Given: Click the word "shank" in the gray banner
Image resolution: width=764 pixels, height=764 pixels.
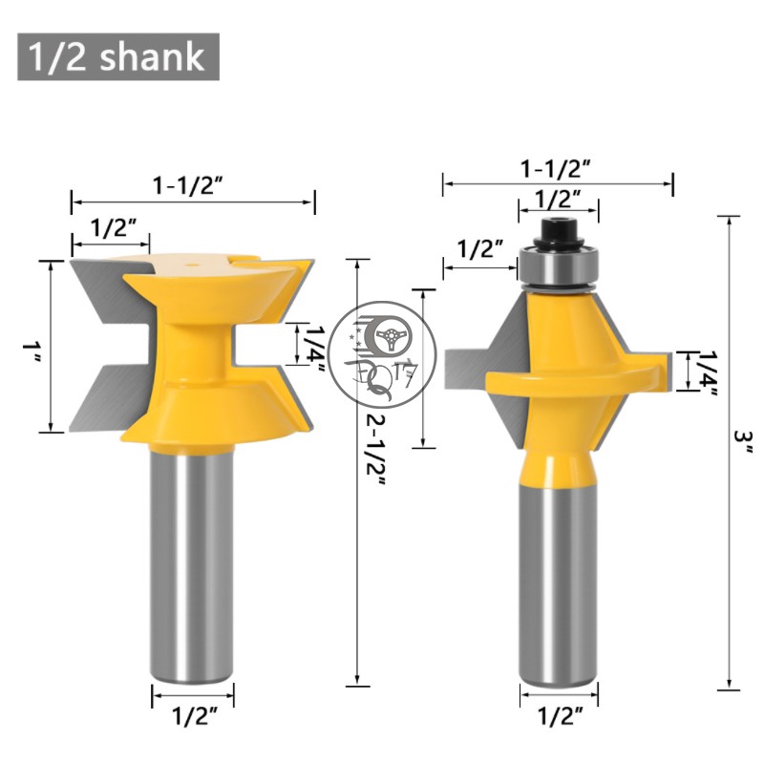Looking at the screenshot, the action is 152,57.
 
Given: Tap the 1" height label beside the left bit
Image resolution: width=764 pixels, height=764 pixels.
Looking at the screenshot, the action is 32,351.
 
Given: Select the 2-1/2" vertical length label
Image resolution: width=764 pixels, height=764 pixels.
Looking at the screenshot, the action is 376,449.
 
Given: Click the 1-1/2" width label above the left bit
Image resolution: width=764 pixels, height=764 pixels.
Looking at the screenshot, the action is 188,185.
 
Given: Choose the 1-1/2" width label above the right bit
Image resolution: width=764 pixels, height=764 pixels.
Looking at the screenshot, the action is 556,169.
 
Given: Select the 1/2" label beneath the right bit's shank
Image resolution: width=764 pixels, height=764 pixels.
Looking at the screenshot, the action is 561,715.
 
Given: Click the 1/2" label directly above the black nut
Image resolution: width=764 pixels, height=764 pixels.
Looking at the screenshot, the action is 559,198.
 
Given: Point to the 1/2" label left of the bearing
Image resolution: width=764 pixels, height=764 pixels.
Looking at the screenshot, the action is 480,249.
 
